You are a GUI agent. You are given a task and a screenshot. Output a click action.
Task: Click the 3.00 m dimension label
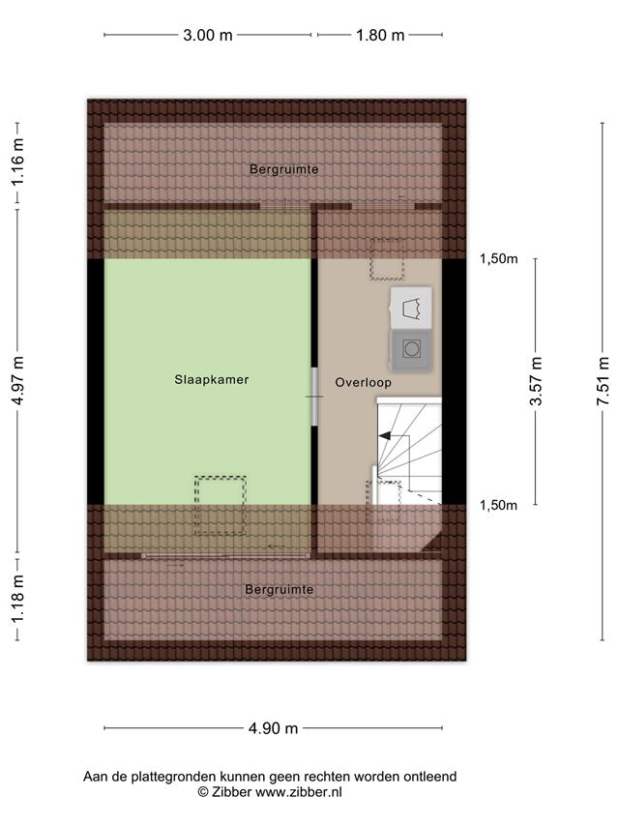click(207, 35)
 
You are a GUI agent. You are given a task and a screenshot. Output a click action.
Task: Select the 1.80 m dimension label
click(380, 35)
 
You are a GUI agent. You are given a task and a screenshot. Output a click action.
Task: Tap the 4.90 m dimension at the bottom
click(273, 728)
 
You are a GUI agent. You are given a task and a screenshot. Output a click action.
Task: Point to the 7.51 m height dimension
click(604, 381)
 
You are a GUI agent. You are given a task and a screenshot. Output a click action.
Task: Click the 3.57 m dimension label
click(536, 381)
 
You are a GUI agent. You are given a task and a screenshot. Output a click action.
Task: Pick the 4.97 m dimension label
click(18, 380)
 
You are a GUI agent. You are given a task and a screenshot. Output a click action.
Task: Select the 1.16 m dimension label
click(18, 162)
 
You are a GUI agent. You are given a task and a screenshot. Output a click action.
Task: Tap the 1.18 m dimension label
click(18, 598)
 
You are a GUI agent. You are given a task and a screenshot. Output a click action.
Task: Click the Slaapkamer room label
click(212, 379)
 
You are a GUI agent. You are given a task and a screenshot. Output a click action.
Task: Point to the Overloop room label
click(364, 382)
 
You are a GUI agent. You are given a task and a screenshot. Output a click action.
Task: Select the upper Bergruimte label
click(283, 169)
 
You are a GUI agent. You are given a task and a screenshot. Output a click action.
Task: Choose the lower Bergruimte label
click(280, 590)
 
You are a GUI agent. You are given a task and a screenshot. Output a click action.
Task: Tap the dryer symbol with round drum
click(411, 349)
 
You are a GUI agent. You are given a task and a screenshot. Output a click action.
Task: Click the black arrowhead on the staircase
click(384, 435)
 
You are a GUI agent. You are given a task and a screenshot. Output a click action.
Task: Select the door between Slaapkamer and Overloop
click(314, 397)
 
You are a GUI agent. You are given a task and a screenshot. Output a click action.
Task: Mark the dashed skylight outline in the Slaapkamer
click(220, 506)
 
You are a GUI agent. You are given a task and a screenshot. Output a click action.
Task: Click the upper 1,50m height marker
click(498, 258)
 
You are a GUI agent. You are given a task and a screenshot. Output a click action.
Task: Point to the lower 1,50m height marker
click(498, 505)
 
